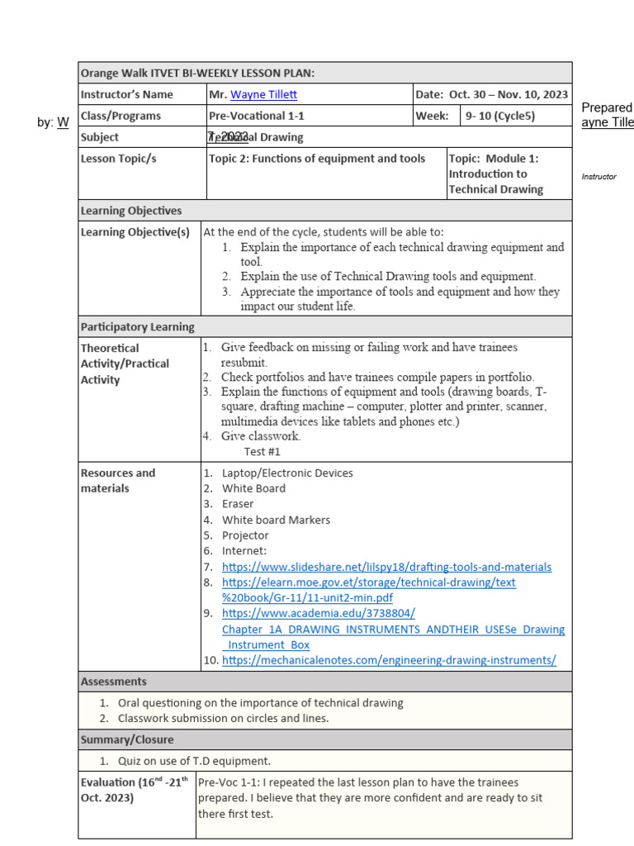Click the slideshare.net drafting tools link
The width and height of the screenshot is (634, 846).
tap(386, 567)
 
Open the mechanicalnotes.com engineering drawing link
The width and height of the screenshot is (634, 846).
tap(389, 660)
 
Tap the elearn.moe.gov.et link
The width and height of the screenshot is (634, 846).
tap(368, 582)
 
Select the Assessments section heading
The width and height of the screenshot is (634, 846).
tap(114, 682)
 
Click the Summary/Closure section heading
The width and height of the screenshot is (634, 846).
tap(127, 739)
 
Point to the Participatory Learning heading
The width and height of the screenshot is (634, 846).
tap(137, 326)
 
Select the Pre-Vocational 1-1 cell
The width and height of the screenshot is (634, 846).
tap(261, 116)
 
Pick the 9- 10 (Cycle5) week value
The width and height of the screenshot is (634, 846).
tap(500, 116)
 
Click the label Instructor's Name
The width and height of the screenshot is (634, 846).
tap(126, 95)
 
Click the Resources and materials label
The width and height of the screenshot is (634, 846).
tap(117, 481)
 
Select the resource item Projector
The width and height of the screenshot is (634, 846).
tap(245, 535)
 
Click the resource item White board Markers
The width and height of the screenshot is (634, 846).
tap(276, 520)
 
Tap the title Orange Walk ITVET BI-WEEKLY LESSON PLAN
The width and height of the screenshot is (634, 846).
tap(197, 74)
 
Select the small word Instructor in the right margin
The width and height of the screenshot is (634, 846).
tap(599, 177)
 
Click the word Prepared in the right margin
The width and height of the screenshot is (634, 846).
tap(607, 108)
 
